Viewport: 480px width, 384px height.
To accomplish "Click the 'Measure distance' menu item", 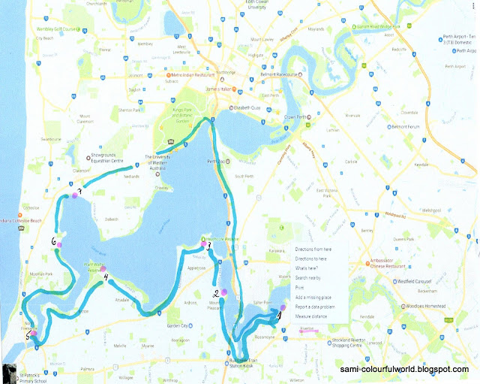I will tap(313, 317).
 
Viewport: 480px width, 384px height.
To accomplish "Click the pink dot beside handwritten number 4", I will tap(103, 270).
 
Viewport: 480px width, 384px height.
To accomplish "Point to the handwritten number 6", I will tap(55, 242).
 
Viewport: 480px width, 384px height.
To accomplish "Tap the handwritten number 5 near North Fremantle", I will tap(28, 337).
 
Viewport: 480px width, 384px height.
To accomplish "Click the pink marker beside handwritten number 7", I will tap(74, 196).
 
